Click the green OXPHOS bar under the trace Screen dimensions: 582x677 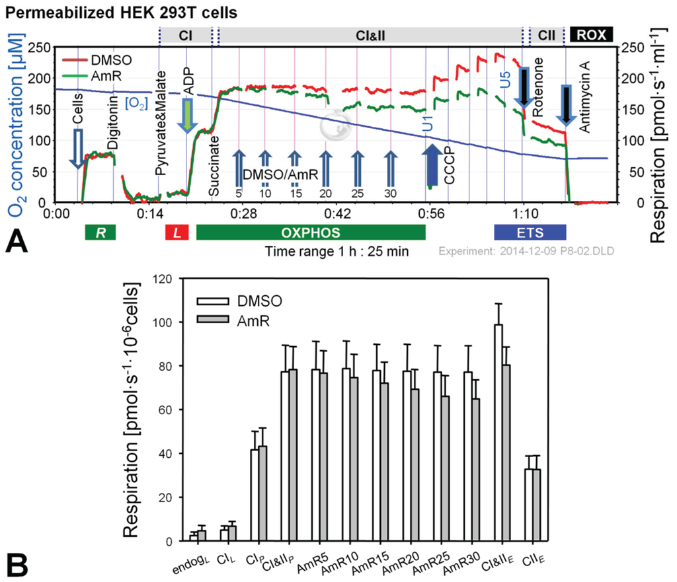pos(311,232)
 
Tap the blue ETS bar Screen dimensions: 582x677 pos(530,232)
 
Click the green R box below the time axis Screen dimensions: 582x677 pos(100,232)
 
